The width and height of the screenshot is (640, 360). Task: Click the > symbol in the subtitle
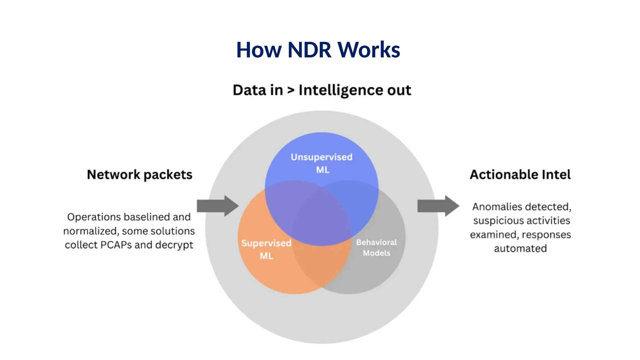coord(291,91)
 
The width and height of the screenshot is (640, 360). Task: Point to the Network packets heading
coord(140,175)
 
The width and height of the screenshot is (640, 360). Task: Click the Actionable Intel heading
coord(520,175)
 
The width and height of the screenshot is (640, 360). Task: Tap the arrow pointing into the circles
coord(218,206)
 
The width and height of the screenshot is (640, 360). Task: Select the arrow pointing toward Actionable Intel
coord(438,206)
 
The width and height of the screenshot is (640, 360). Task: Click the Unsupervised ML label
coord(322,163)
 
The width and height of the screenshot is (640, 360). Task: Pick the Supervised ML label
coord(266,249)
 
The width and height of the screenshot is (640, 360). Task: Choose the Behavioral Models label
coord(377,247)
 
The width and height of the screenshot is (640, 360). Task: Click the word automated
coord(520,249)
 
